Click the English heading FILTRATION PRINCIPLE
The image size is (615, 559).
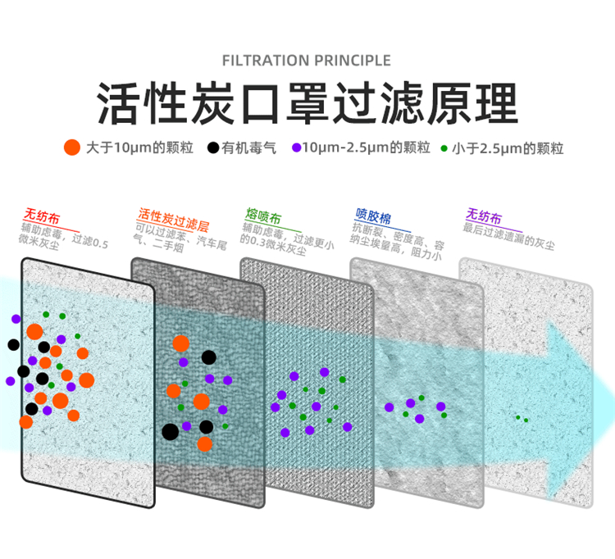pos(307,60)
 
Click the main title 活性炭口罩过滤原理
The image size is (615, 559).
pos(307,103)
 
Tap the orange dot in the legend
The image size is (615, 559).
pos(72,148)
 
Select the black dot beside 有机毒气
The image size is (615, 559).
pos(213,148)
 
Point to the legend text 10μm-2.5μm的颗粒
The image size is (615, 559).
pos(367,148)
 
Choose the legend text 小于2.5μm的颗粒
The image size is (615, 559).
pos(508,148)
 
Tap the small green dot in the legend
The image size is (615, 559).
pos(444,148)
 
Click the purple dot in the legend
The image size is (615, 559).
pos(296,148)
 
